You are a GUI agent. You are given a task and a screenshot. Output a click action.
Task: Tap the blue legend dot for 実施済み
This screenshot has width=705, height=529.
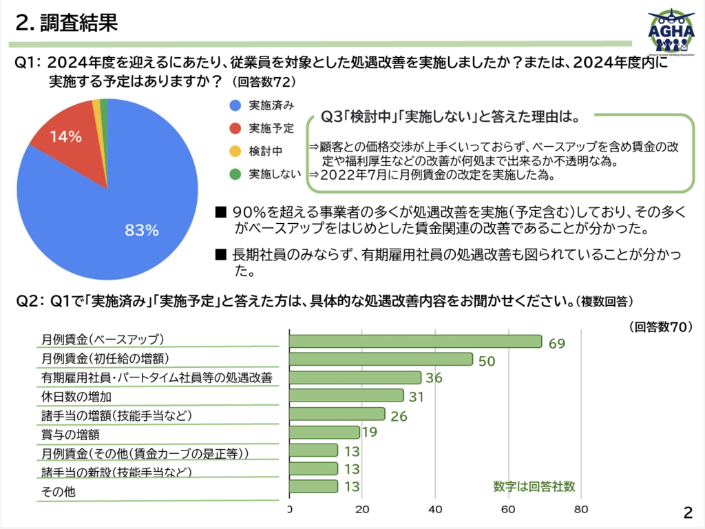pyautogui.click(x=235, y=105)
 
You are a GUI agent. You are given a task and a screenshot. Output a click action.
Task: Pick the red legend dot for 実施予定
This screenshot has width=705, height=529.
pyautogui.click(x=235, y=128)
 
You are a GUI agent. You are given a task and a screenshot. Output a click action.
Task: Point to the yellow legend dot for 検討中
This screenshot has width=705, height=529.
pyautogui.click(x=235, y=151)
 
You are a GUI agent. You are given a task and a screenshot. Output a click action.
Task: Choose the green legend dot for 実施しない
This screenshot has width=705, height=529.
pyautogui.click(x=235, y=174)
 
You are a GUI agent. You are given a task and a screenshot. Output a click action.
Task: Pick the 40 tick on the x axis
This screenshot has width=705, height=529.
pyautogui.click(x=434, y=510)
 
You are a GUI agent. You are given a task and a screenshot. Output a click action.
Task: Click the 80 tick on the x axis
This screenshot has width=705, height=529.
pyautogui.click(x=580, y=510)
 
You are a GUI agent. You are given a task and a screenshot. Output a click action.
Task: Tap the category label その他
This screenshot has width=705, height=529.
pyautogui.click(x=58, y=492)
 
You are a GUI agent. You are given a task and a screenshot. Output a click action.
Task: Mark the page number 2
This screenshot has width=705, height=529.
pyautogui.click(x=688, y=512)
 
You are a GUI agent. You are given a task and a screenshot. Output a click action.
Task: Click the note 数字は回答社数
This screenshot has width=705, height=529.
pyautogui.click(x=534, y=486)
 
